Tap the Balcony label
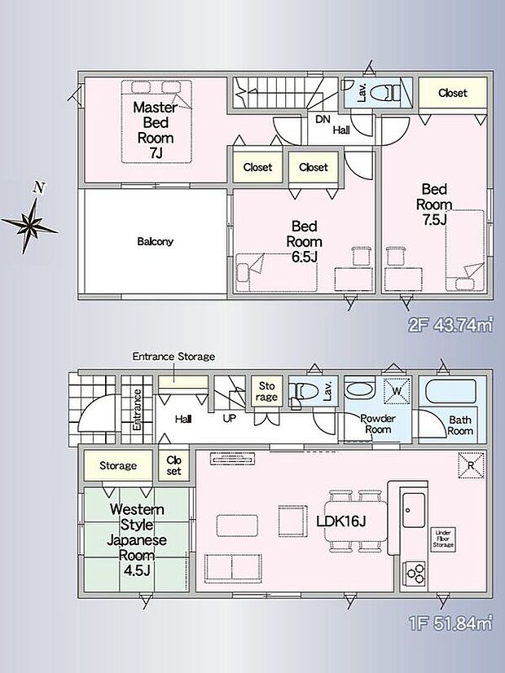pyautogui.click(x=156, y=241)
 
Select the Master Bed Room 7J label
pyautogui.click(x=156, y=130)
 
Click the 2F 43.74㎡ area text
pyautogui.click(x=450, y=325)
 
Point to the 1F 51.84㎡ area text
pyautogui.click(x=450, y=622)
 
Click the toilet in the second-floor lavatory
pyautogui.click(x=385, y=92)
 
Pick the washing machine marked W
pyautogui.click(x=397, y=390)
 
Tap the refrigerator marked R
pyautogui.click(x=472, y=465)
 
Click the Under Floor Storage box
pyautogui.click(x=443, y=539)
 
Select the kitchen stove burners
pyautogui.click(x=414, y=573)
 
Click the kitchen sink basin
pyautogui.click(x=414, y=510)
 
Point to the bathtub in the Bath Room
pyautogui.click(x=451, y=391)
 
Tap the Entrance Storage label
pyautogui.click(x=173, y=356)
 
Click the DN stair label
pyautogui.click(x=323, y=119)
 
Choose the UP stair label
pyautogui.click(x=230, y=418)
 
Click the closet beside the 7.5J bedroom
pyautogui.click(x=453, y=93)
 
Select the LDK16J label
pyautogui.click(x=341, y=521)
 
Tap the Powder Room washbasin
pyautogui.click(x=359, y=389)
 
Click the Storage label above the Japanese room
pyautogui.click(x=118, y=466)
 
